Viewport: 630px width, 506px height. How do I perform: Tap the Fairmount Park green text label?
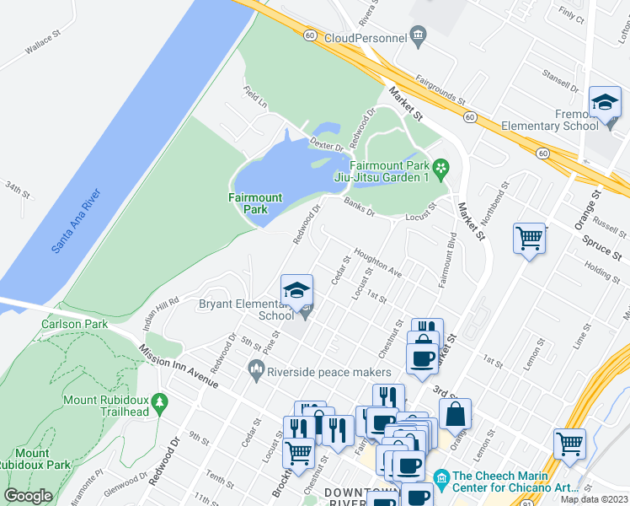(x=255, y=203)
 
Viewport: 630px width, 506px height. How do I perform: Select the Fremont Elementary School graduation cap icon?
(x=605, y=103)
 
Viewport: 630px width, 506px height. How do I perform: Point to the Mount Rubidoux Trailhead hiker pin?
(x=159, y=410)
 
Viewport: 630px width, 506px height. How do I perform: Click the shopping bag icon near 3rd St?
(x=455, y=414)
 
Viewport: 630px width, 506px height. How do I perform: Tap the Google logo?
(x=28, y=496)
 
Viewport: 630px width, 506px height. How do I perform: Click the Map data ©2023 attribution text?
(x=595, y=499)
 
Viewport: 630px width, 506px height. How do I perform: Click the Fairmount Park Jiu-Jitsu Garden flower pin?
(x=441, y=169)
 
